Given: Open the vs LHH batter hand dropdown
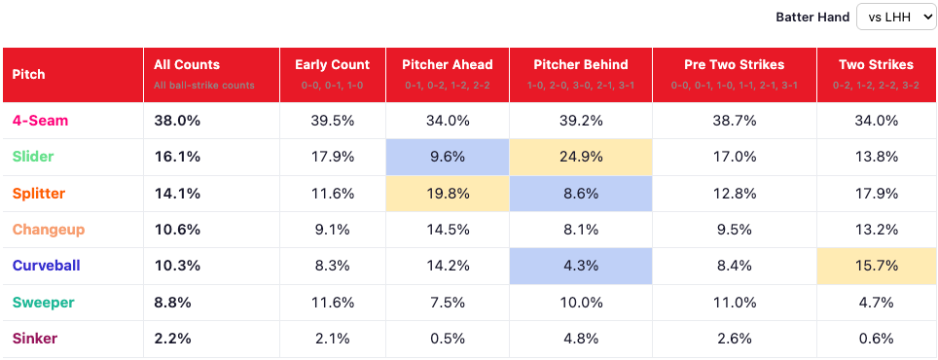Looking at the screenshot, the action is point(895,18).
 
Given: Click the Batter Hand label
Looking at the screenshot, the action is point(812,18).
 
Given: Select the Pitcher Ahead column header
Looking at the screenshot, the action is point(448,64).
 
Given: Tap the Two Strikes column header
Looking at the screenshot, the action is point(877,64).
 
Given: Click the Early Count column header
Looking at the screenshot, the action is point(333,64).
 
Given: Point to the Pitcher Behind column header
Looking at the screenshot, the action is point(581,64).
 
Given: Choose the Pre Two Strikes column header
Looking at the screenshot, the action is point(734,64).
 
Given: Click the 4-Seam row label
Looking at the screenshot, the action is point(40,121).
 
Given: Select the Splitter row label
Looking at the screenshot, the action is point(39,194).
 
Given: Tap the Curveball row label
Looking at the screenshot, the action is point(46,267).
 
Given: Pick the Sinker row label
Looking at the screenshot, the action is point(35,339).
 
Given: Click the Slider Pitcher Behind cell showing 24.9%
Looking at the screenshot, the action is point(581,158).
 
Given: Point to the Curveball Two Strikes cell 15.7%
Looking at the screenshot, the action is point(877,267).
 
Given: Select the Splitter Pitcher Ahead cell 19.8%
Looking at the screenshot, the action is point(448,194).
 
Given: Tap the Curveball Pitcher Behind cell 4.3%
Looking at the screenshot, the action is point(581,267).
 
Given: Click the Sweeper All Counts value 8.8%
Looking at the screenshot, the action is point(172,303).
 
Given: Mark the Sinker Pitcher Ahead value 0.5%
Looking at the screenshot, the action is point(448,339).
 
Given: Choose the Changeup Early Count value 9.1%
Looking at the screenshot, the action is point(333,231).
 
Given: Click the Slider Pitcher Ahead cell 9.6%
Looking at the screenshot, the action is point(448,158).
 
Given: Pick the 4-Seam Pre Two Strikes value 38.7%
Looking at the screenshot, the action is point(735,122).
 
